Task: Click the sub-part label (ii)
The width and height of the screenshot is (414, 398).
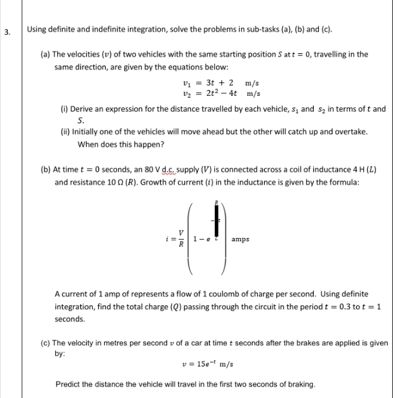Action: point(65,132)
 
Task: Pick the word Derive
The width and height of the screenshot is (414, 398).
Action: point(84,109)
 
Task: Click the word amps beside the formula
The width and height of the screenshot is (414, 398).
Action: point(242,239)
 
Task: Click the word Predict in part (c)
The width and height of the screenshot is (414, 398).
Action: point(68,384)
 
